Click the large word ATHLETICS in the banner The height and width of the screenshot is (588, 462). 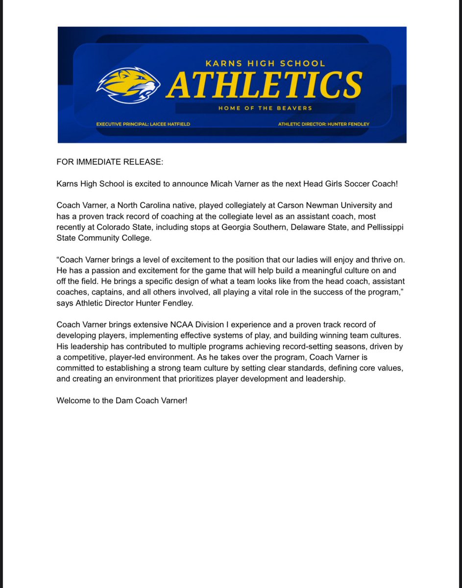[265, 84]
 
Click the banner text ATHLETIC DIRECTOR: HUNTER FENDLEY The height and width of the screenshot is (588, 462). [324, 124]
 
